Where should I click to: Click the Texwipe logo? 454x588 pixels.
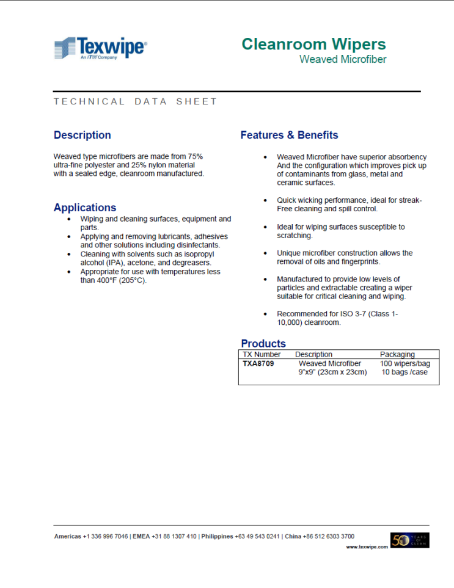click(x=100, y=48)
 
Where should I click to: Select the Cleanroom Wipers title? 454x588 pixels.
click(x=313, y=44)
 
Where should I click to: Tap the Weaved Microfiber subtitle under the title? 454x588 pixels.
click(x=342, y=59)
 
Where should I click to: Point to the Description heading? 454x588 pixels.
click(x=82, y=135)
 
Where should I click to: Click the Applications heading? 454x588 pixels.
click(x=84, y=208)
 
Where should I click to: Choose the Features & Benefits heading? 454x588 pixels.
click(x=289, y=135)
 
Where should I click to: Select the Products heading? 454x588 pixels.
click(x=263, y=343)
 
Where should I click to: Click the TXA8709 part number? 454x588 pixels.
click(x=258, y=363)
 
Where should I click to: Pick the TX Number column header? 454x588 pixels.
click(x=262, y=354)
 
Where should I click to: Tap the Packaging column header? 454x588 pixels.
click(x=397, y=354)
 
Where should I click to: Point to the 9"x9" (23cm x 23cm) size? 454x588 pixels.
click(x=332, y=372)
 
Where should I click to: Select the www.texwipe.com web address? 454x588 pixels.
click(x=367, y=547)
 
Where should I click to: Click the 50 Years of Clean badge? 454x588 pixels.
click(x=409, y=540)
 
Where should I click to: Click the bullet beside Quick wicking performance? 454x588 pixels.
click(x=265, y=200)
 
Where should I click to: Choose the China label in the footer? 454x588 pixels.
click(x=294, y=536)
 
